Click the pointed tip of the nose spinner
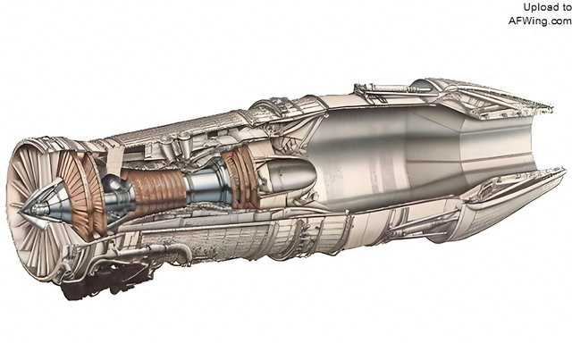pos(20,211)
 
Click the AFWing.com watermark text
pos(540,21)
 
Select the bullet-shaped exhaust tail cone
pos(290,175)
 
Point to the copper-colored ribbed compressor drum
pos(155,191)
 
